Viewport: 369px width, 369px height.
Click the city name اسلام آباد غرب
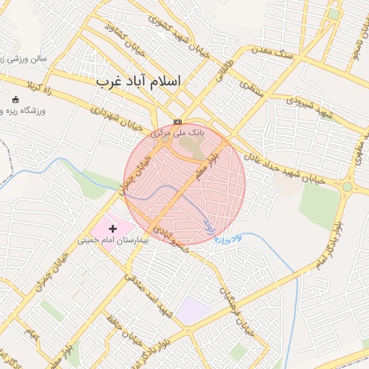[139, 82]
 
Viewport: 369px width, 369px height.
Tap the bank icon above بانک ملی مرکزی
[177, 122]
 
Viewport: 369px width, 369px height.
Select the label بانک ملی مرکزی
[177, 133]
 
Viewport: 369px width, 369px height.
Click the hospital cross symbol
[112, 228]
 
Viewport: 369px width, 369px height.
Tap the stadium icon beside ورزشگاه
[17, 99]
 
